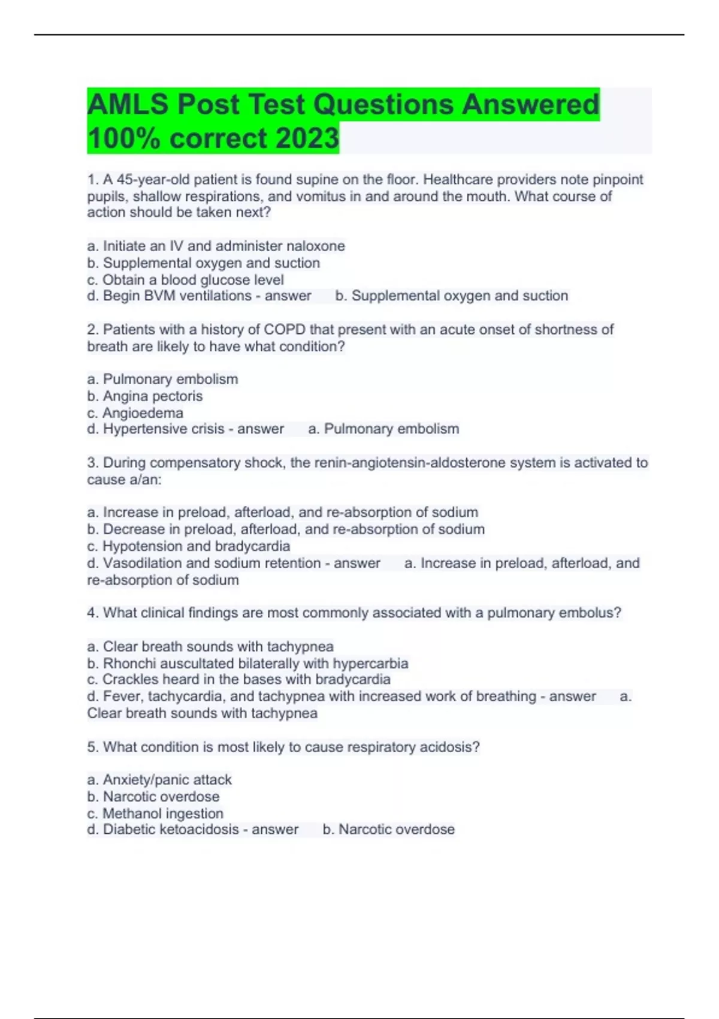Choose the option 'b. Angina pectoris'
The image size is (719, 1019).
[145, 396]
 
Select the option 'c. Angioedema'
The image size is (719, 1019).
[135, 413]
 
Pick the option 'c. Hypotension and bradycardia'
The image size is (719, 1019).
[189, 546]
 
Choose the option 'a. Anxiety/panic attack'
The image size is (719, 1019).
[159, 780]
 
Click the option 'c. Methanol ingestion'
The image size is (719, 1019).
[155, 813]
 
